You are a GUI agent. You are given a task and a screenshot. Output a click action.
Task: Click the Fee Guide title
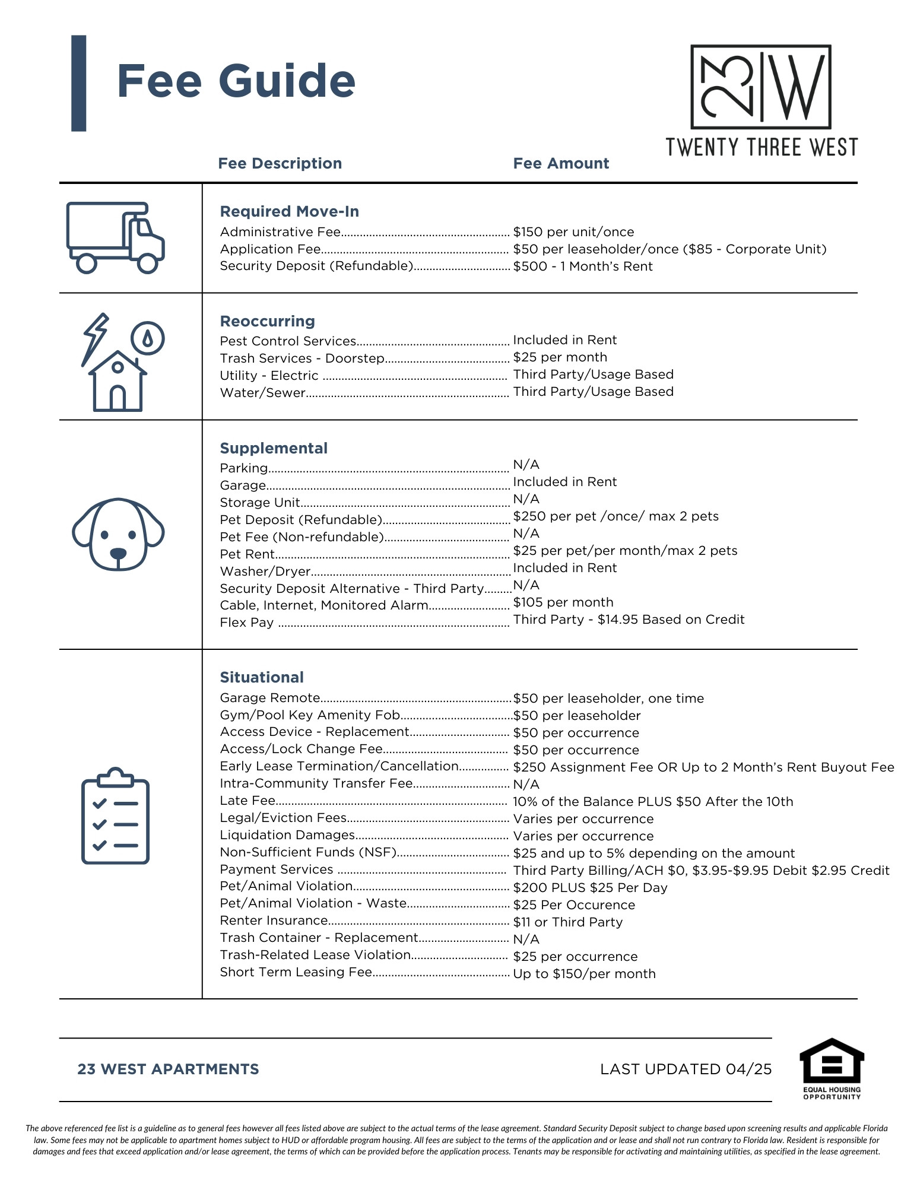pyautogui.click(x=236, y=81)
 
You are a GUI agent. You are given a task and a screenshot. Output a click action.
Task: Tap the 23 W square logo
pyautogui.click(x=760, y=87)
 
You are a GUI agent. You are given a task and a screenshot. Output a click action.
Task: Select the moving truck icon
pyautogui.click(x=115, y=237)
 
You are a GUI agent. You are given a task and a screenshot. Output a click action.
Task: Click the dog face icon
pyautogui.click(x=118, y=534)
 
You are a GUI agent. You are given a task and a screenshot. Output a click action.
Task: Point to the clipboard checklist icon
pyautogui.click(x=115, y=816)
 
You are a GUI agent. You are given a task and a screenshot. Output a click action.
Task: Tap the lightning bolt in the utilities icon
pyautogui.click(x=95, y=338)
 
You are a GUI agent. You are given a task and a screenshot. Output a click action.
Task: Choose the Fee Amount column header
pyautogui.click(x=561, y=163)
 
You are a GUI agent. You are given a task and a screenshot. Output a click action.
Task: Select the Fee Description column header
pyautogui.click(x=280, y=163)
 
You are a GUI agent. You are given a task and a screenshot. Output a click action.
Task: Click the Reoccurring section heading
pyautogui.click(x=267, y=321)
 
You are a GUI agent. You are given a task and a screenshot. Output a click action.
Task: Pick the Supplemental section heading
pyautogui.click(x=274, y=448)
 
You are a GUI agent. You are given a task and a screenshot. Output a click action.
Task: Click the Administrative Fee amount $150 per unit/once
pyautogui.click(x=573, y=232)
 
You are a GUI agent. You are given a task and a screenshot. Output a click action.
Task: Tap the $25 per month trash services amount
pyautogui.click(x=560, y=357)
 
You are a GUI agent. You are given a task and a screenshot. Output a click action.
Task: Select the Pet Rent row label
pyautogui.click(x=247, y=554)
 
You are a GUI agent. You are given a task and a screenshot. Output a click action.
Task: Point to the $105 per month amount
pyautogui.click(x=563, y=602)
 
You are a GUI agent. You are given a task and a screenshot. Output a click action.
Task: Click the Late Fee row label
pyautogui.click(x=248, y=801)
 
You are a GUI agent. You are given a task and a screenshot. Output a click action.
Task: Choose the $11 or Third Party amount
pyautogui.click(x=567, y=922)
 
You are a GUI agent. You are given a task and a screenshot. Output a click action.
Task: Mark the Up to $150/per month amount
pyautogui.click(x=584, y=974)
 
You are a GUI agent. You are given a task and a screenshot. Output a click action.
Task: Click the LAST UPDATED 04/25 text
pyautogui.click(x=686, y=1069)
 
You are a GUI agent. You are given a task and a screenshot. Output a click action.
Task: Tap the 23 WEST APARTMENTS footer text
pyautogui.click(x=168, y=1069)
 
